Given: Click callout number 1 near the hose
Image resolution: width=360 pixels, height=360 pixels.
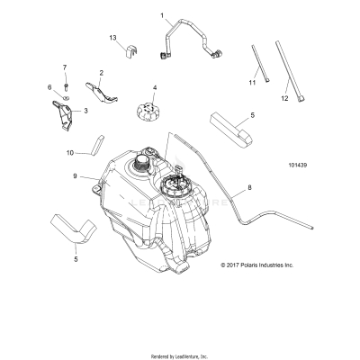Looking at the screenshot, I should (x=162, y=15).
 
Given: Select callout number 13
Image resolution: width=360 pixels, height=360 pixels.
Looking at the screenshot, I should (x=113, y=37).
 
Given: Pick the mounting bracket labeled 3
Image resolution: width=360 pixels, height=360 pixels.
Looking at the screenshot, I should (x=65, y=115).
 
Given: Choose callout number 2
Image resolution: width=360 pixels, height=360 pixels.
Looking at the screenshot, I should (x=101, y=72).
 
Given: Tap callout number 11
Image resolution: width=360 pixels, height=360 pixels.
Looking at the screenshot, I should (x=252, y=82).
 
